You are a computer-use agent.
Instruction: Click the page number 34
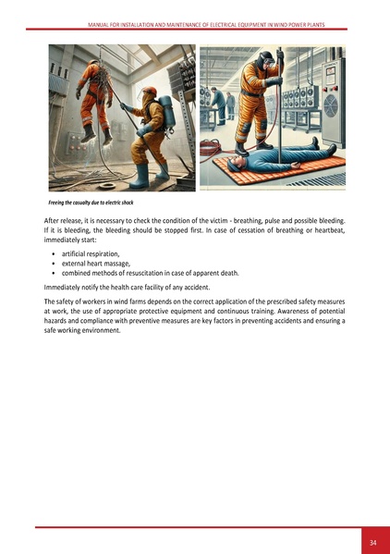coord(372,541)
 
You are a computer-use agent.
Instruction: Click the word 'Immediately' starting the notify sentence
coord(62,288)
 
